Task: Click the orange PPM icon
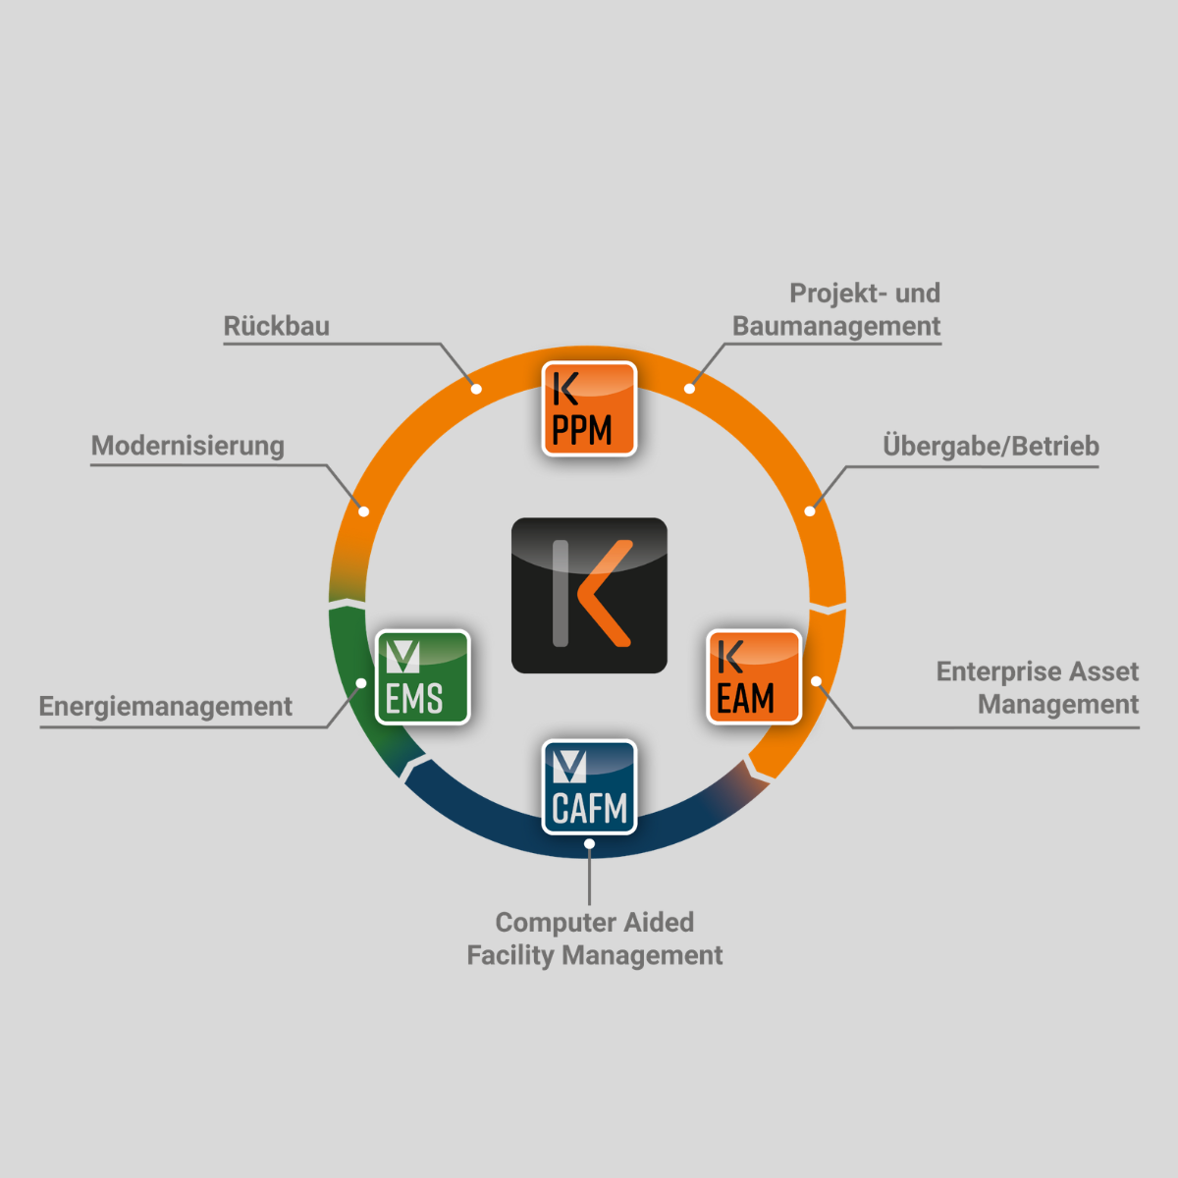click(589, 409)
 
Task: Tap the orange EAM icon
click(754, 677)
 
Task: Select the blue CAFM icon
click(589, 787)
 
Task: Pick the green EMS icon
click(423, 677)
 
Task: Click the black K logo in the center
click(589, 595)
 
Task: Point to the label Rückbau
click(277, 326)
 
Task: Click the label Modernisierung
click(187, 446)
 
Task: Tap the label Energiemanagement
click(166, 706)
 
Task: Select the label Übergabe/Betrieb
click(991, 446)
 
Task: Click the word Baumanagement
click(836, 326)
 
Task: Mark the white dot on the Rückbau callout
click(476, 389)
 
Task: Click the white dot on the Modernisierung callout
click(364, 511)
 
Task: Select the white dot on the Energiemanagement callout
click(361, 683)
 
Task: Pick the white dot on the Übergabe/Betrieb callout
click(810, 511)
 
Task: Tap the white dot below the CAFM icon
click(589, 843)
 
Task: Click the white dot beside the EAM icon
click(816, 681)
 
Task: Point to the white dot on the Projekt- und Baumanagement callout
click(689, 389)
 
